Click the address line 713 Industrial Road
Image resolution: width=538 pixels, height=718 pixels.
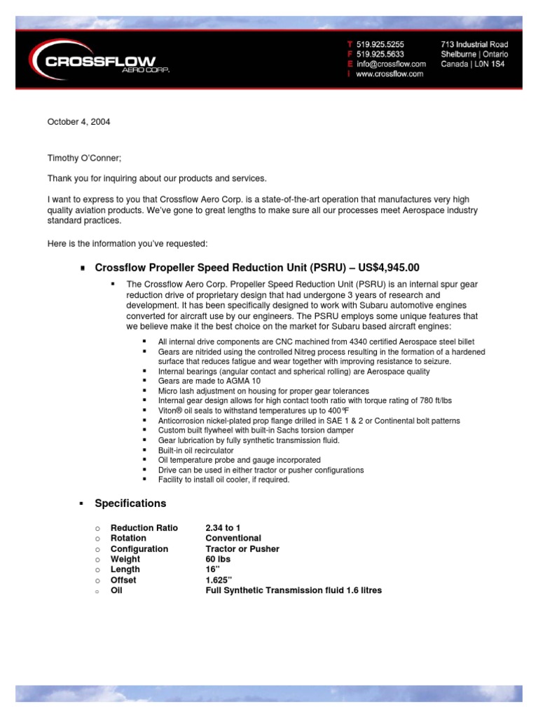point(474,43)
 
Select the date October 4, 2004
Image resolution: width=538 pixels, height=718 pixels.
point(78,122)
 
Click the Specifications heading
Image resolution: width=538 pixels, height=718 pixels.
point(130,503)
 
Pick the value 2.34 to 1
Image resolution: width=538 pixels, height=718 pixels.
point(227,527)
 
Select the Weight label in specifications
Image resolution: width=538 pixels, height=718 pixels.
point(125,559)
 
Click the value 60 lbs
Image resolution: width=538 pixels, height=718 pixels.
point(217,559)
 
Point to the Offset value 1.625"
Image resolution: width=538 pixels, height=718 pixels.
point(221,580)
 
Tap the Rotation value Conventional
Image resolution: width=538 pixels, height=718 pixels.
point(233,538)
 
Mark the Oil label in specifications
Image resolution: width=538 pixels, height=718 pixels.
point(116,590)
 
